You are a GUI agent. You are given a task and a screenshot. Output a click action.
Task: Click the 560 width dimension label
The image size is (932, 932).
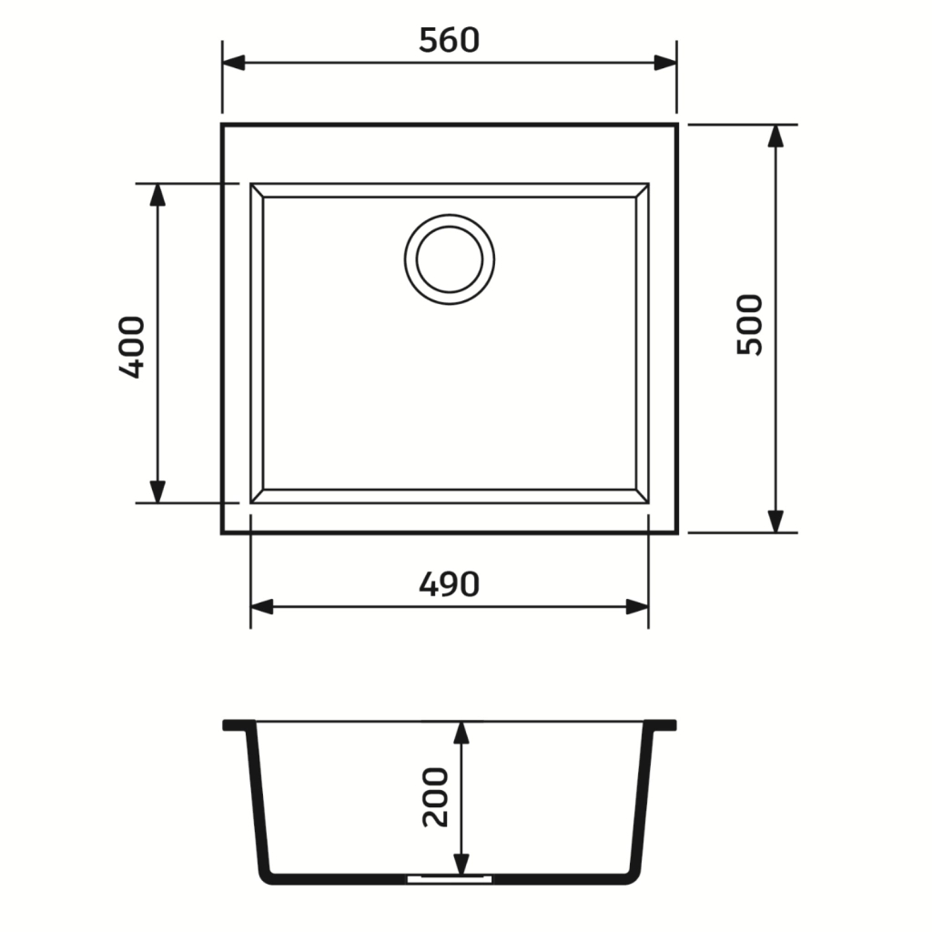pos(449,40)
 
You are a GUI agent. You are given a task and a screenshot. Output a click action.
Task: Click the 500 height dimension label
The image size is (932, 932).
pos(751,325)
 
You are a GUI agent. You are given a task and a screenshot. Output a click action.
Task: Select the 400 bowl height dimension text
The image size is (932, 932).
pos(132,347)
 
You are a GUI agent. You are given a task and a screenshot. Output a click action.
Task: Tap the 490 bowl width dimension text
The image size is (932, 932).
pos(449,584)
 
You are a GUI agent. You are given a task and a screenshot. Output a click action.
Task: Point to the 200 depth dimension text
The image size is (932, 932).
pos(436,796)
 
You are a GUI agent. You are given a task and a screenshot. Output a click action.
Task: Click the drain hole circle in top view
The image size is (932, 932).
pos(450,259)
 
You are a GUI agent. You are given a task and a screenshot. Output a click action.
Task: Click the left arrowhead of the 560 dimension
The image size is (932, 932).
pos(234,62)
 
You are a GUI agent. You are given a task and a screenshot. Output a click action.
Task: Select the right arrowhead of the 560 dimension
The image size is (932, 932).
pos(665,62)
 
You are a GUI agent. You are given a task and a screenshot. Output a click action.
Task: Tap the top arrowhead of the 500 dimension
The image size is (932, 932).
pos(775,136)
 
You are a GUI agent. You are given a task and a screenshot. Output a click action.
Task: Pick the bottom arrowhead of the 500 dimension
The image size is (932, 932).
pos(775,521)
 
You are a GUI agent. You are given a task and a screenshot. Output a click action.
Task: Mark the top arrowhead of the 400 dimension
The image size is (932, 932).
pos(157,195)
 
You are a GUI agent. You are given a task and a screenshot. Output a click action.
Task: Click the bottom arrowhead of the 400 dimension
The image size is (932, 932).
pos(157,491)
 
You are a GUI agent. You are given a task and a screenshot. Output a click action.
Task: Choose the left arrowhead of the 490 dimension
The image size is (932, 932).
pos(262,607)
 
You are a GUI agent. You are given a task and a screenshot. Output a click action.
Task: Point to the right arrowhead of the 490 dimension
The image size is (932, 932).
pos(637,607)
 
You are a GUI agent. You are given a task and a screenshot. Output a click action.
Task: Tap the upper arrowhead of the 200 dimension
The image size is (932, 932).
pos(461,734)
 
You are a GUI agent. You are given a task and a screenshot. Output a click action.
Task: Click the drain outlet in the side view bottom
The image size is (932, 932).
pos(450,879)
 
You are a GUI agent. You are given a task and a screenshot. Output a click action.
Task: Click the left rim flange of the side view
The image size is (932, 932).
pos(238,725)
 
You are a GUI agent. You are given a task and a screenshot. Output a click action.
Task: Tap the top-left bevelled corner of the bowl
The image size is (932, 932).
pos(257,190)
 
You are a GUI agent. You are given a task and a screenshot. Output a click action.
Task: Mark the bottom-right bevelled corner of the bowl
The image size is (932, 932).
pos(642,496)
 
